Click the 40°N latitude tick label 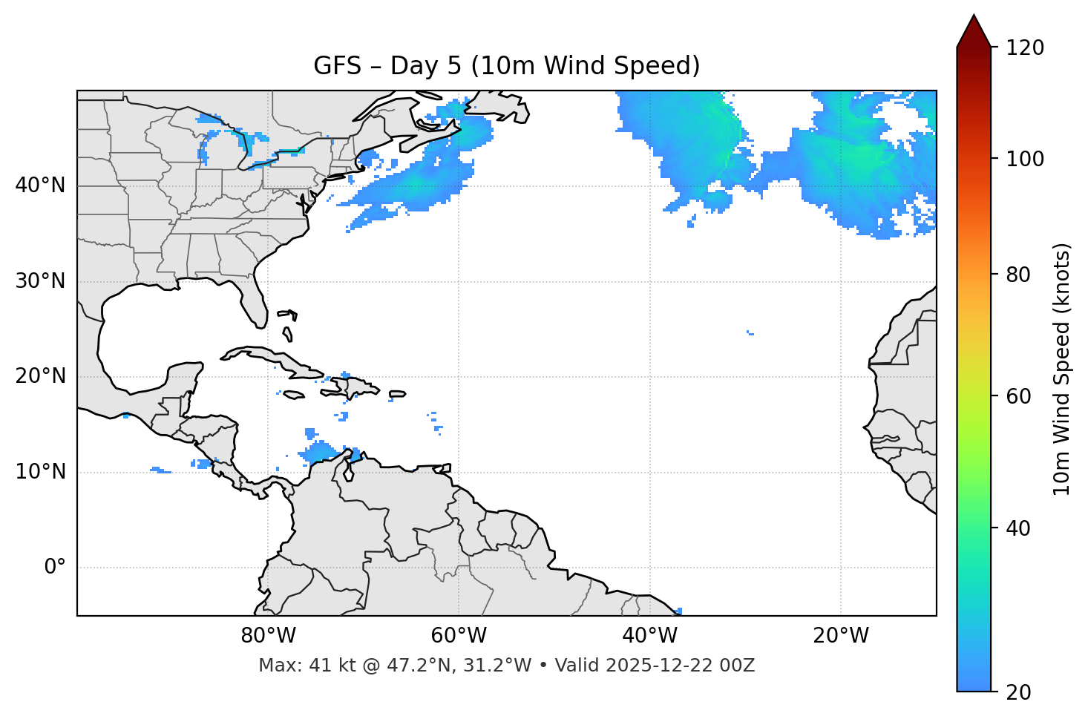(x=40, y=186)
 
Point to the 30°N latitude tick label (x=40, y=281)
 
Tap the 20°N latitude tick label (x=40, y=376)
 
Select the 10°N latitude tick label (x=40, y=472)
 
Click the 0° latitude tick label (x=55, y=568)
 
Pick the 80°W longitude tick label (x=268, y=636)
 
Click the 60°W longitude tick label (x=459, y=636)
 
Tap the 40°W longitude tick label (x=649, y=636)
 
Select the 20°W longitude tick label (x=841, y=636)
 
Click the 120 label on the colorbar (x=1025, y=48)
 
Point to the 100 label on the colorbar (x=1025, y=159)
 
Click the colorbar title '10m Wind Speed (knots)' (x=1062, y=369)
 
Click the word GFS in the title (x=338, y=66)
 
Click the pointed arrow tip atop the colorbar (x=974, y=16)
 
